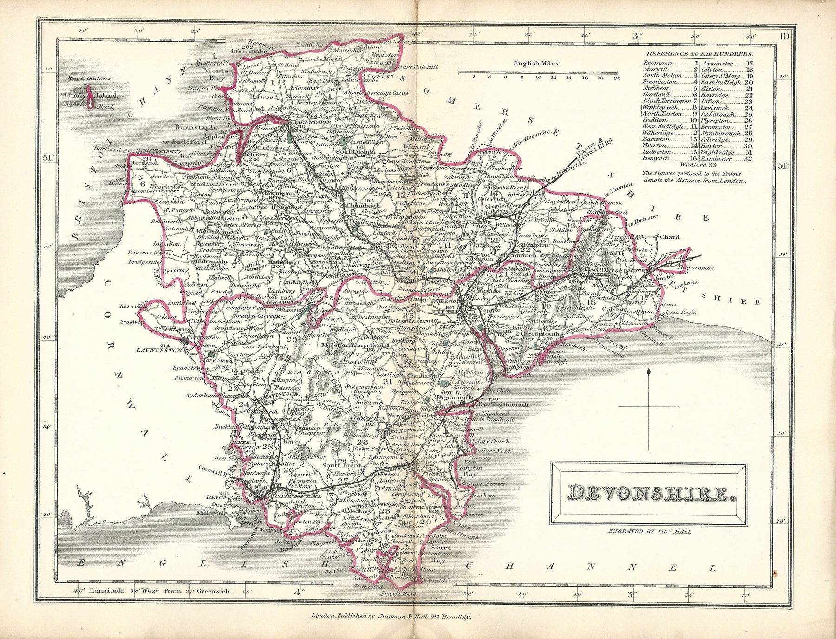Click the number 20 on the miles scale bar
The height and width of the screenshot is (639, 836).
point(616,78)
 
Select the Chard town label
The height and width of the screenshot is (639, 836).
point(669,237)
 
